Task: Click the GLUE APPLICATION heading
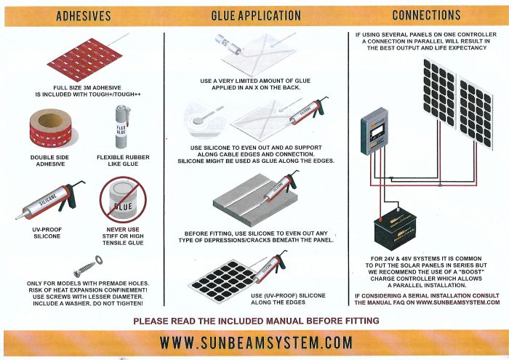pos(255,15)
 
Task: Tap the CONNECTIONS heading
pos(425,15)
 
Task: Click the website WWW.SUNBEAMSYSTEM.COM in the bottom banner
pos(255,342)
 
